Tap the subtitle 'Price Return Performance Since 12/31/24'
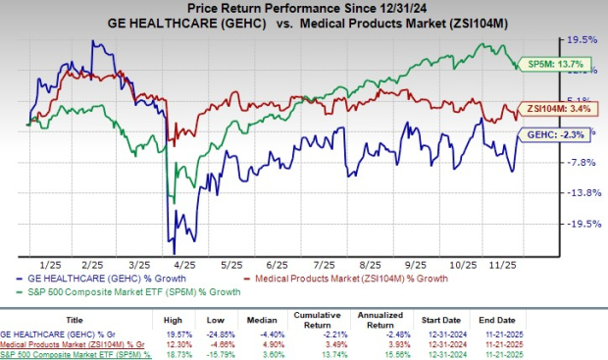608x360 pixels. [304, 9]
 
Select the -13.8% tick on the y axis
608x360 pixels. [575, 193]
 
